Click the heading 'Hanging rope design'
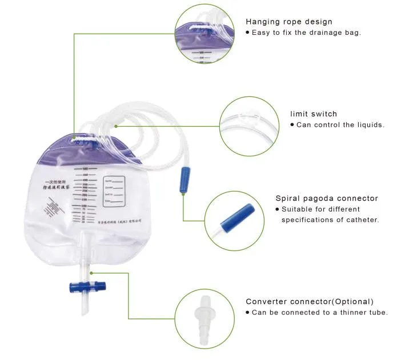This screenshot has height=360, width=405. (x=288, y=22)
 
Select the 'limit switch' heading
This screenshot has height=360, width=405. (x=314, y=114)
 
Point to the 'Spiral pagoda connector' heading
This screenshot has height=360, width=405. (x=326, y=199)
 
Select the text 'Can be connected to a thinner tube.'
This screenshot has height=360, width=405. (x=320, y=312)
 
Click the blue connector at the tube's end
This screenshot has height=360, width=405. (x=185, y=179)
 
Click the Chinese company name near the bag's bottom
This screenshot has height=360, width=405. (x=112, y=221)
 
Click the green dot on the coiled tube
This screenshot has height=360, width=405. (x=116, y=126)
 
